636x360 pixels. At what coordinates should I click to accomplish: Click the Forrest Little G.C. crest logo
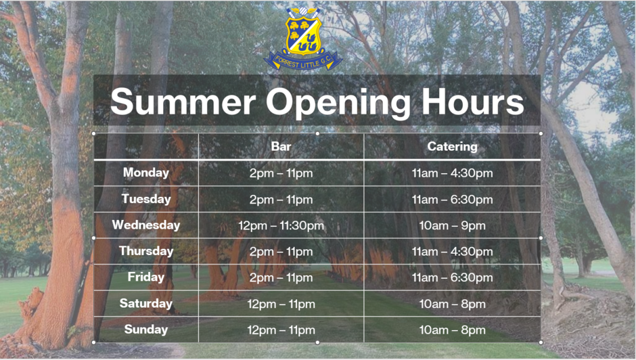point(303,38)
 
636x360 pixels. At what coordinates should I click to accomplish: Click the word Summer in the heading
point(183,102)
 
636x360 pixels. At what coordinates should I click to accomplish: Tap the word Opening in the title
point(338,103)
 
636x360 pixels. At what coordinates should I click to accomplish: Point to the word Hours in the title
point(473,102)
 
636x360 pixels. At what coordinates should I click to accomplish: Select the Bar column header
point(281,147)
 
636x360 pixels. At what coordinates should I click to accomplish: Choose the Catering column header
point(452,147)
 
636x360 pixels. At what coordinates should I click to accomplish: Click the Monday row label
point(146,173)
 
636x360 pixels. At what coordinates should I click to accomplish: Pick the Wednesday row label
point(146,225)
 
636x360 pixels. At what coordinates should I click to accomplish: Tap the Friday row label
point(146,277)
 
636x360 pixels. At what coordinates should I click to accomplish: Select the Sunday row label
point(146,330)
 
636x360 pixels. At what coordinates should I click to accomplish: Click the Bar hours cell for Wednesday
point(281,225)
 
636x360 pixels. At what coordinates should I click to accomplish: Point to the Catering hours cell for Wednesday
point(452,225)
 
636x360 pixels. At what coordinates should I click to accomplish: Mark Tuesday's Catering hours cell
point(452,200)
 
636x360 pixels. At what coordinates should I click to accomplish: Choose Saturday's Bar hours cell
point(281,304)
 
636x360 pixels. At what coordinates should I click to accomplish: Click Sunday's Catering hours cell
point(452,330)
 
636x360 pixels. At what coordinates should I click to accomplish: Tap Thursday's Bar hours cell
point(281,252)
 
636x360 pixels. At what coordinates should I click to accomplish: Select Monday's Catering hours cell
point(452,173)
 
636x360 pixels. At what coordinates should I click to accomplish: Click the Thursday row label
point(146,251)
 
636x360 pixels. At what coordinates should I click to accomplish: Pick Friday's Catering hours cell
point(452,277)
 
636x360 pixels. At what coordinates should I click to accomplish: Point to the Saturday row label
point(146,304)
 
